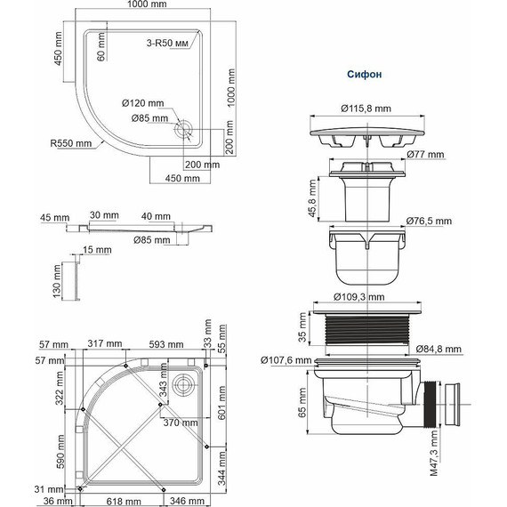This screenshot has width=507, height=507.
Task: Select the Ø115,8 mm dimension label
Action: click(366, 109)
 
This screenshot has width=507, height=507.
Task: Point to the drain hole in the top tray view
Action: click(186, 127)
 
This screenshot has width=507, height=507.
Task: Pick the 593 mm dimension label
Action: click(165, 343)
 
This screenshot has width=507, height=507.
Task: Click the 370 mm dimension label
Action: click(179, 423)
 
